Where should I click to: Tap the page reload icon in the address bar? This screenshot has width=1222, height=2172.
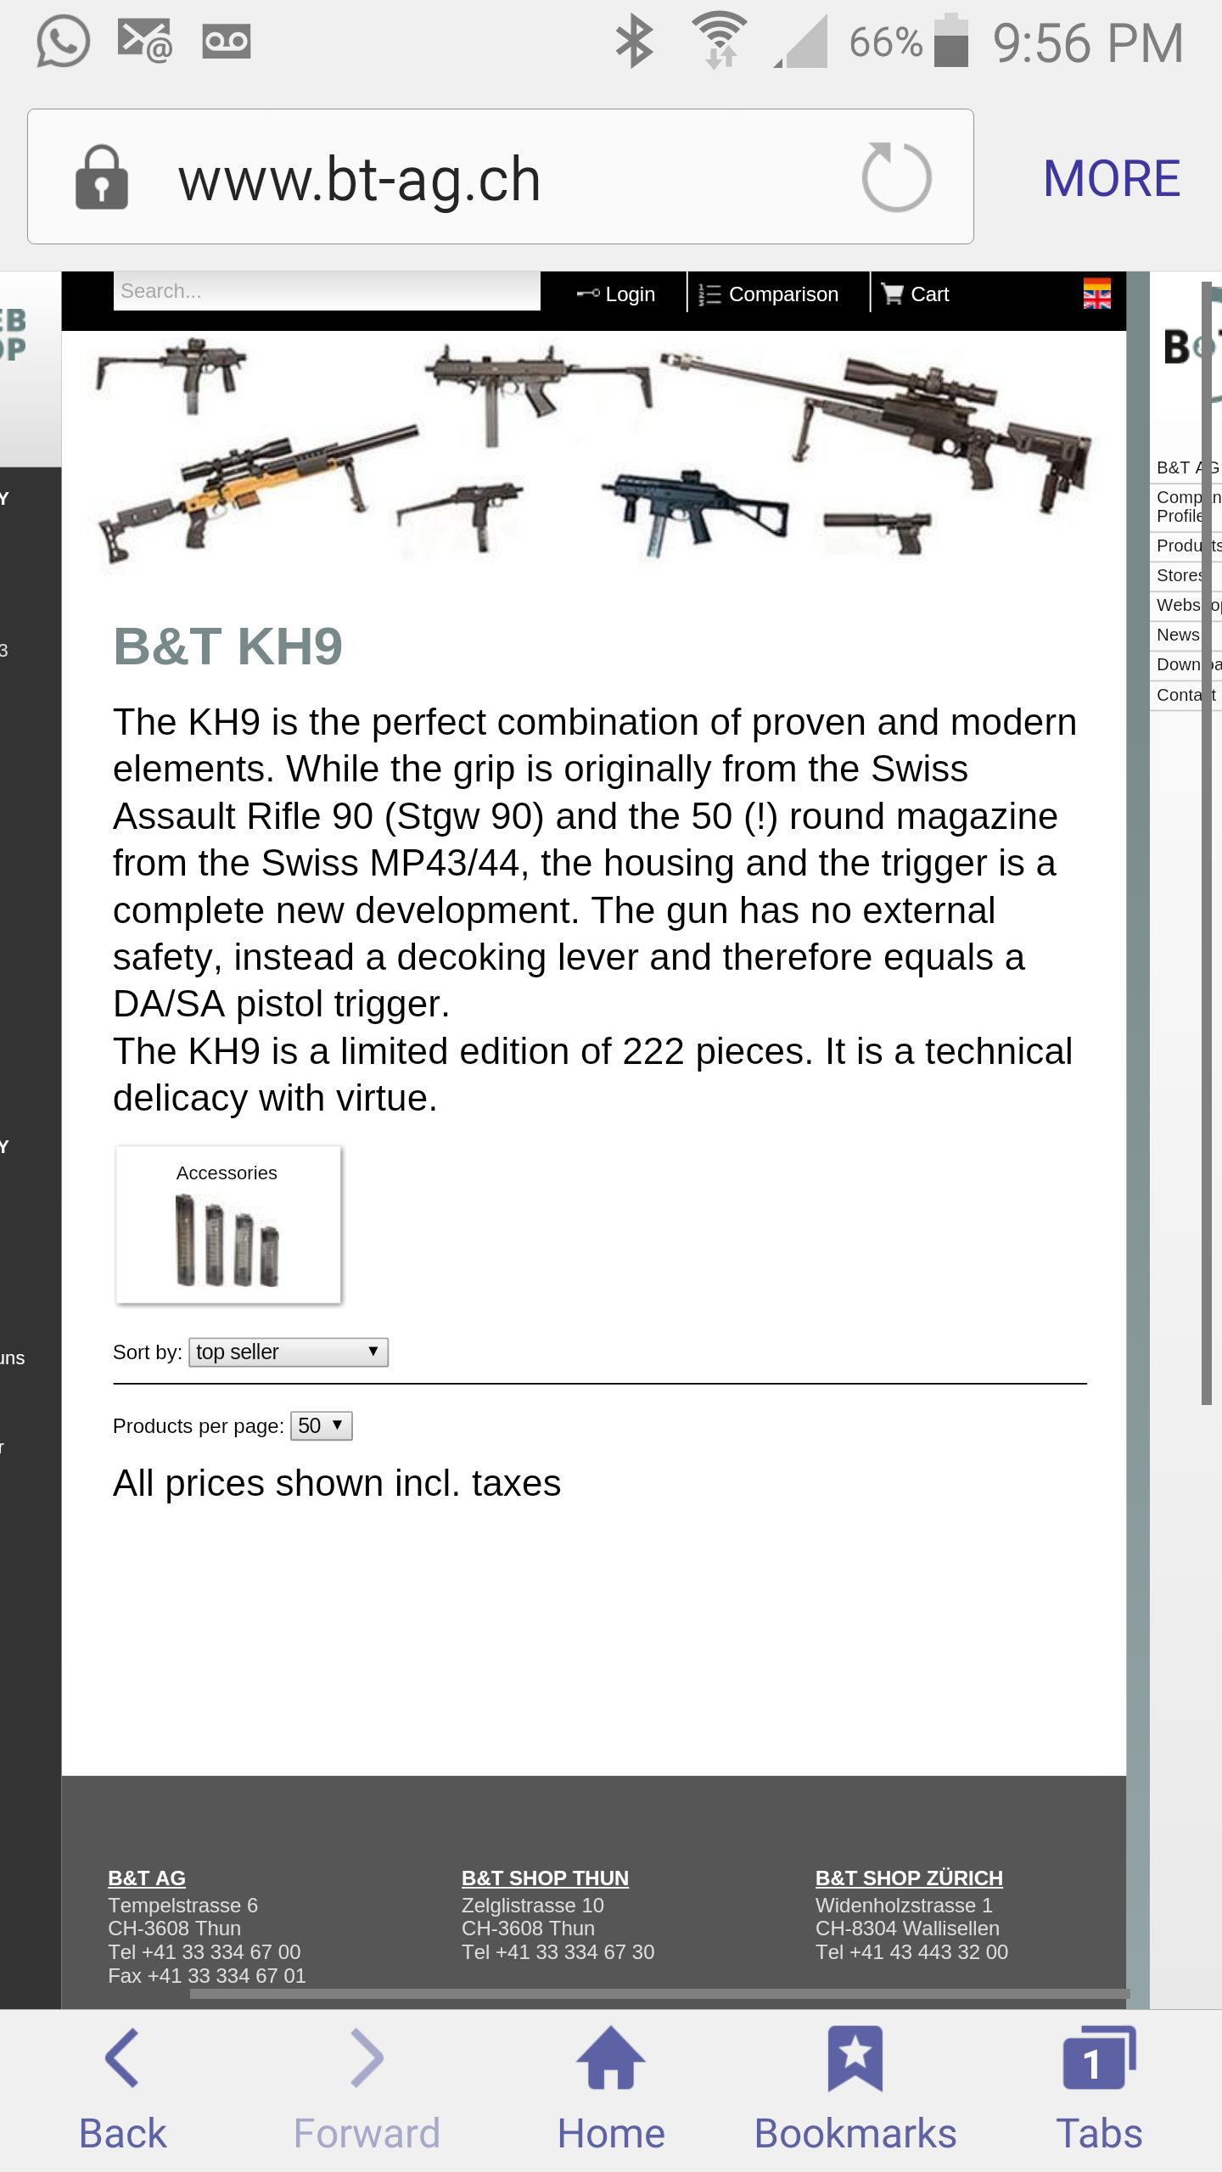click(896, 177)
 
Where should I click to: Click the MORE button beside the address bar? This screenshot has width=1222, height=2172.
click(1111, 179)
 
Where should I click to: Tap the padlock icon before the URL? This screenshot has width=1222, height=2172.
click(102, 178)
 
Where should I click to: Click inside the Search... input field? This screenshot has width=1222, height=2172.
click(327, 292)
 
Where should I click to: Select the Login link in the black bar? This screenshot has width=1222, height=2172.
click(617, 294)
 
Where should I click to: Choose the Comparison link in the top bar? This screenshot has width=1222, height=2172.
click(769, 294)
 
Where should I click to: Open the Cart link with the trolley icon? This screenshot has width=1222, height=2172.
click(916, 294)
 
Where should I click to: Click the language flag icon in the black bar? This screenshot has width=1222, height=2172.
click(1096, 294)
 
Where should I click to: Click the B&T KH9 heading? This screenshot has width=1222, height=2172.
click(227, 647)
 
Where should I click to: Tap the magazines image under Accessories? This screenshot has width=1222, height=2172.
click(227, 1240)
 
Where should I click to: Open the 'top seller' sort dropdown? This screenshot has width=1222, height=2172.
click(288, 1352)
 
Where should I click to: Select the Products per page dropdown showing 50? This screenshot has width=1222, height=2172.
click(321, 1425)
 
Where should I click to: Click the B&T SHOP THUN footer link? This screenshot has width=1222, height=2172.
click(545, 1878)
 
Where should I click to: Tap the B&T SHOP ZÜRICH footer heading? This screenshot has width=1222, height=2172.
click(909, 1878)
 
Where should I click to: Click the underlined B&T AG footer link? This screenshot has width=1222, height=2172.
click(147, 1878)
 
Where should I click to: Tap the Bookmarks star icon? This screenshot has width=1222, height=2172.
click(855, 2057)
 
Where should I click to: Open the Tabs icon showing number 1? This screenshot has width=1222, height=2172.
click(1098, 2057)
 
